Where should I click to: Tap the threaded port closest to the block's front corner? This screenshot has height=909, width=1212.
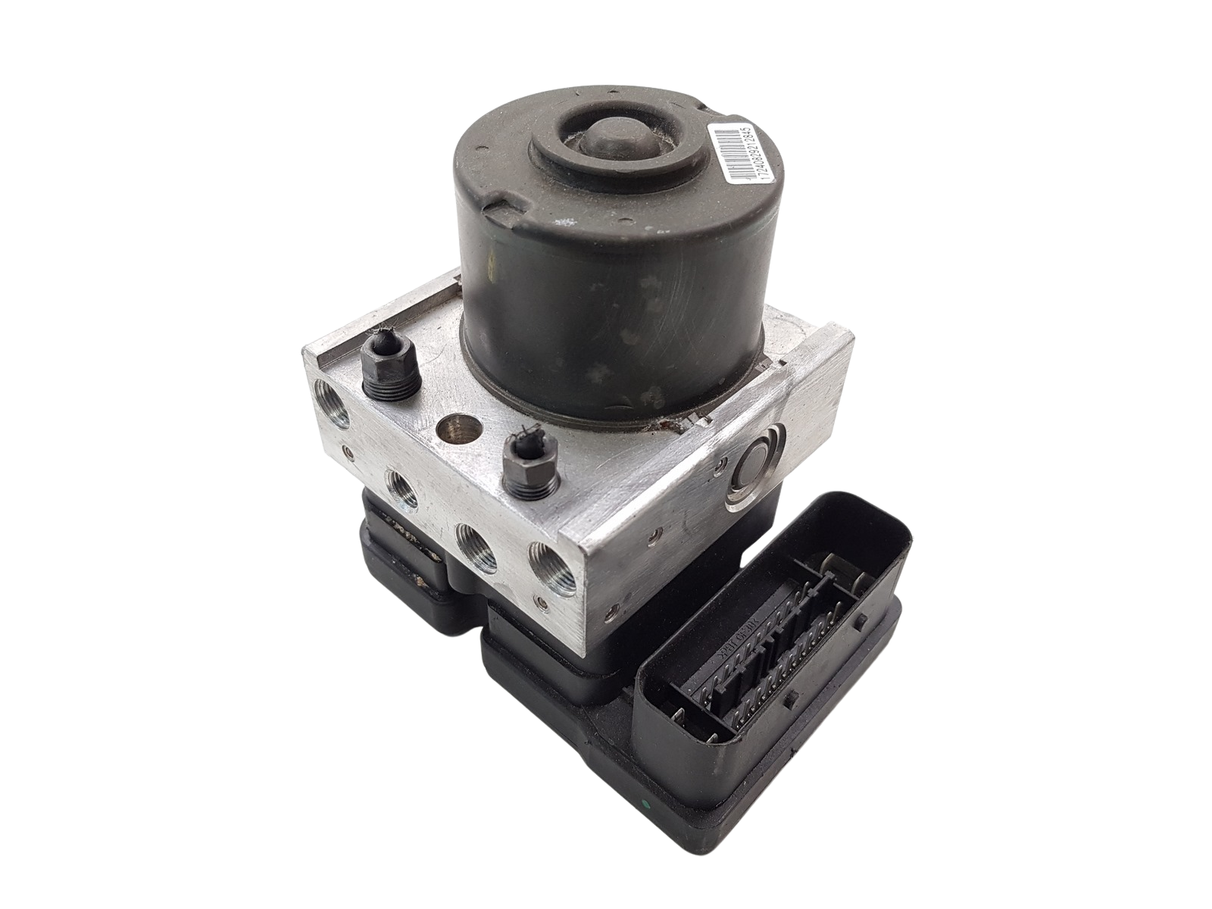(x=545, y=572)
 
